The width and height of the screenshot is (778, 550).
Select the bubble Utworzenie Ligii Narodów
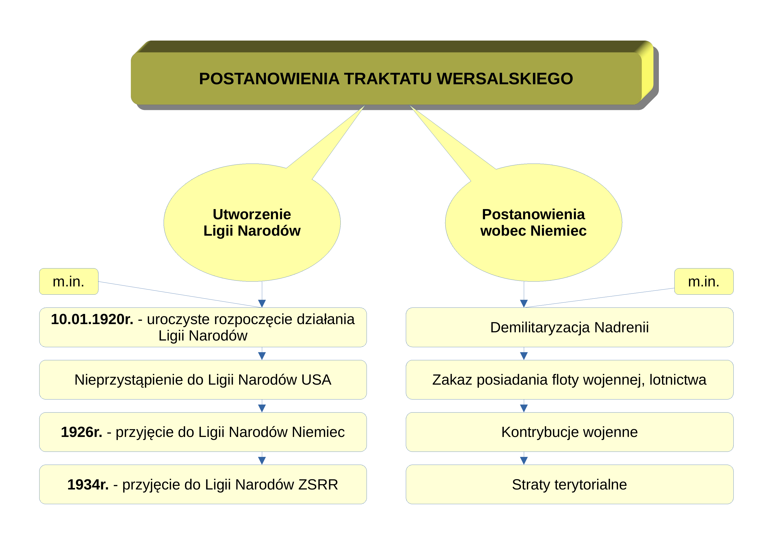pyautogui.click(x=252, y=223)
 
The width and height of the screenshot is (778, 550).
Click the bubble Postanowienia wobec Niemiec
pyautogui.click(x=533, y=223)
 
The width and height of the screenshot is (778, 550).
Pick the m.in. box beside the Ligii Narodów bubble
pyautogui.click(x=69, y=282)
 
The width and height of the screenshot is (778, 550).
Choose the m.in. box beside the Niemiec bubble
pyautogui.click(x=704, y=282)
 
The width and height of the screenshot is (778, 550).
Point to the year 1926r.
pyautogui.click(x=82, y=432)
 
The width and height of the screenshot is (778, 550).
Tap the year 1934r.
pyautogui.click(x=88, y=485)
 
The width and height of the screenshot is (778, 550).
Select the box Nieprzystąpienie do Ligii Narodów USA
pyautogui.click(x=203, y=380)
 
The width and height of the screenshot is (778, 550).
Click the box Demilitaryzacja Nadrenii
pyautogui.click(x=570, y=327)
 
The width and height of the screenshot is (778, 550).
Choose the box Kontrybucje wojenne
pyautogui.click(x=570, y=432)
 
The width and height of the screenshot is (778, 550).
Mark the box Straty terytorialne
pyautogui.click(x=570, y=485)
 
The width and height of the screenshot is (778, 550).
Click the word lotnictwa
pyautogui.click(x=678, y=380)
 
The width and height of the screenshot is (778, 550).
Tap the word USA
pyautogui.click(x=316, y=380)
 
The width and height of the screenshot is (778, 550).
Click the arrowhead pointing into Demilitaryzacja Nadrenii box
pyautogui.click(x=524, y=303)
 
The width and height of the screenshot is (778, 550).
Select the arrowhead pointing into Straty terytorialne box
pyautogui.click(x=524, y=461)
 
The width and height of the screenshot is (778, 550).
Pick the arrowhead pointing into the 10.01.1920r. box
pyautogui.click(x=262, y=303)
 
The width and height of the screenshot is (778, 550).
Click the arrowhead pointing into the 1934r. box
pyautogui.click(x=262, y=461)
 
